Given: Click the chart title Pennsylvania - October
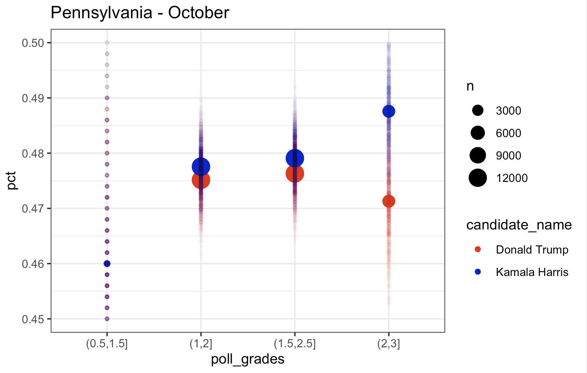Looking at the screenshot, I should [x=140, y=13].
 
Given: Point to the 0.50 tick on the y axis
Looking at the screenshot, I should [x=33, y=43].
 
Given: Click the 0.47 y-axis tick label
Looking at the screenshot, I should [x=33, y=208].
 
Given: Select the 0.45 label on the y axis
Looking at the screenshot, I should [x=33, y=319].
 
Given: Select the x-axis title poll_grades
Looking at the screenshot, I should [x=248, y=359].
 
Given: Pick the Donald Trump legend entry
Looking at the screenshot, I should [x=532, y=250].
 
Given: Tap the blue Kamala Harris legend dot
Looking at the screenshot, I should [x=478, y=272].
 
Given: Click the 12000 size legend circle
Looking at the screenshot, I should [x=478, y=178].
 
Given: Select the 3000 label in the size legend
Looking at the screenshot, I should [x=508, y=111].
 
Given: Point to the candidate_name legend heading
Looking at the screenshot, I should [x=519, y=225].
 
